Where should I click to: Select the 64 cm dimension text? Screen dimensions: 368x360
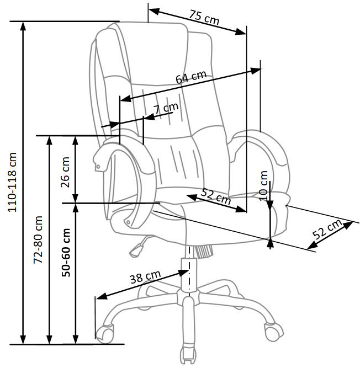191,77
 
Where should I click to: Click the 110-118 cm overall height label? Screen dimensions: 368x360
12,182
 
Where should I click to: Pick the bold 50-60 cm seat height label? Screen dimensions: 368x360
66,252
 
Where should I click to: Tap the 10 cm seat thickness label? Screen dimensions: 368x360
263,185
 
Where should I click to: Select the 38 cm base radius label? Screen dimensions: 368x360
145,276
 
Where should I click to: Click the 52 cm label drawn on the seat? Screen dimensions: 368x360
216,196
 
